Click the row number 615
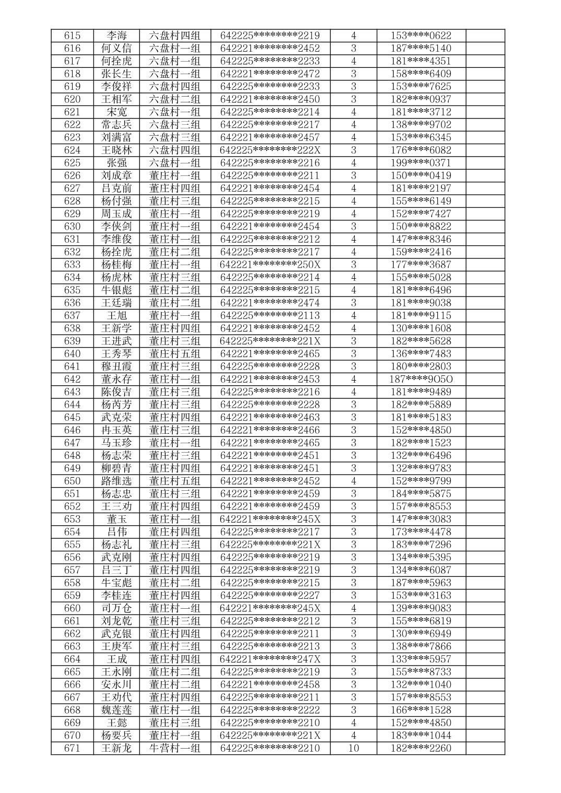pyautogui.click(x=72, y=35)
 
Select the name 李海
pyautogui.click(x=116, y=35)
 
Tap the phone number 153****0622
pyautogui.click(x=421, y=35)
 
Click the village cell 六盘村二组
pyautogui.click(x=175, y=99)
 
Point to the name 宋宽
pyautogui.click(x=116, y=112)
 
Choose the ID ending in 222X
pyautogui.click(x=270, y=150)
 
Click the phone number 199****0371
pyautogui.click(x=421, y=163)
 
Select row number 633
pyautogui.click(x=72, y=265)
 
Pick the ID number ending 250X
pyautogui.click(x=270, y=265)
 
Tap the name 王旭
pyautogui.click(x=116, y=315)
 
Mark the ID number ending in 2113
pyautogui.click(x=270, y=315)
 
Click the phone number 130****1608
pyautogui.click(x=421, y=328)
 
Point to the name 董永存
pyautogui.click(x=116, y=379)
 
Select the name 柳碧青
pyautogui.click(x=116, y=468)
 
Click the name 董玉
pyautogui.click(x=116, y=519)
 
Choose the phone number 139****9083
pyautogui.click(x=421, y=608)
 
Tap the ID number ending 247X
pyautogui.click(x=270, y=659)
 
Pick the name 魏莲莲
pyautogui.click(x=116, y=710)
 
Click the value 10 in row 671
pyautogui.click(x=353, y=748)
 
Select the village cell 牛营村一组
pyautogui.click(x=175, y=748)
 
